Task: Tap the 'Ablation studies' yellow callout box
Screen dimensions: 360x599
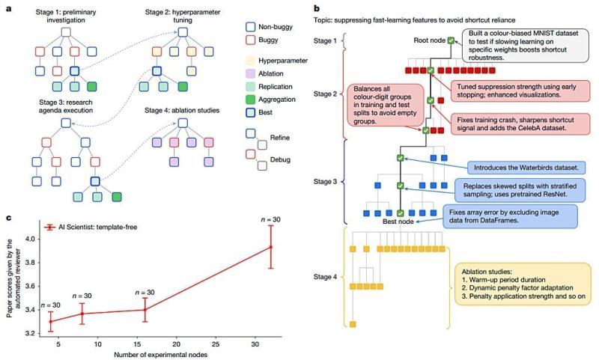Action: [x=517, y=283]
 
